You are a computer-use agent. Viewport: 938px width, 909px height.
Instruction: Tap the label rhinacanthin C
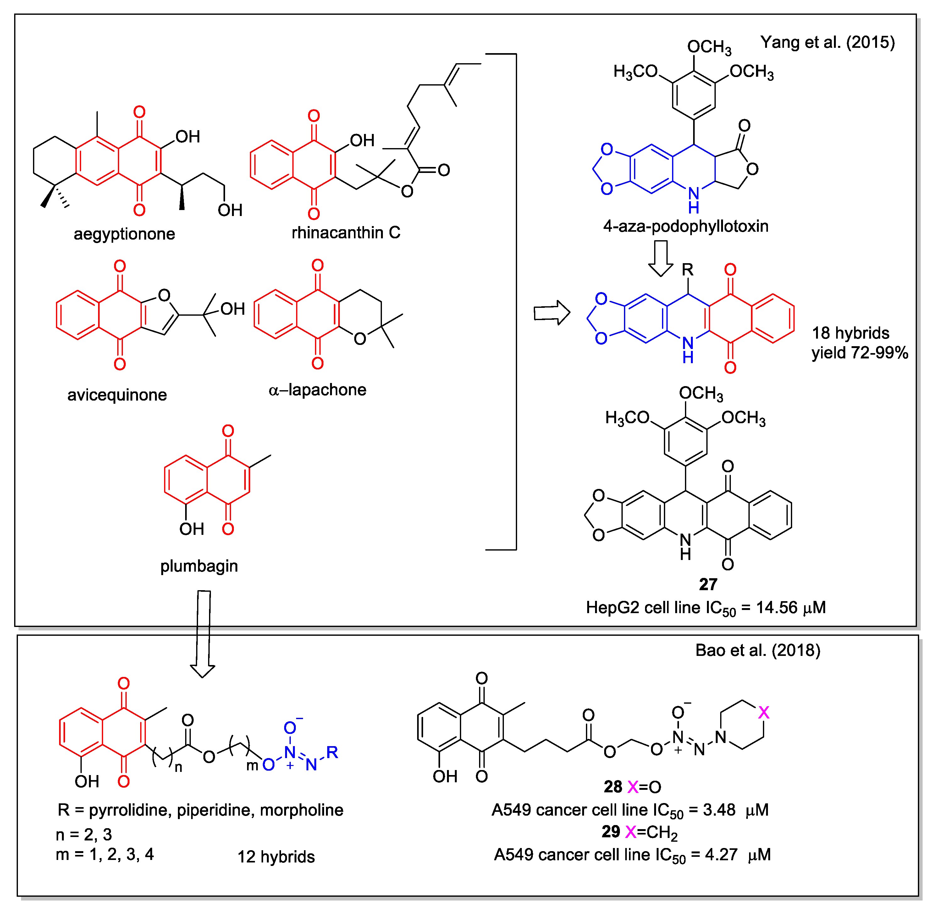point(345,233)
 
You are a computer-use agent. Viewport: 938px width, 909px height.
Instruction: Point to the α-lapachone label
point(317,390)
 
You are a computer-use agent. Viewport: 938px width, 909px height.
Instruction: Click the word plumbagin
point(199,566)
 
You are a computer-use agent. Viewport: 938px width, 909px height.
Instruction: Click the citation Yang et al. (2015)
point(827,42)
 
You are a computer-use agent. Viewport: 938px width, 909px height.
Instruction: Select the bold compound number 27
point(708,585)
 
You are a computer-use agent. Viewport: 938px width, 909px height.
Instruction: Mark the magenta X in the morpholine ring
point(764,713)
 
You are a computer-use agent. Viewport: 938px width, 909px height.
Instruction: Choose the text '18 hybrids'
point(850,333)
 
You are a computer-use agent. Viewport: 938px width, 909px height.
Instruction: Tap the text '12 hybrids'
point(276,857)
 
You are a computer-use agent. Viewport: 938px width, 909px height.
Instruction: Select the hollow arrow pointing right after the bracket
point(552,313)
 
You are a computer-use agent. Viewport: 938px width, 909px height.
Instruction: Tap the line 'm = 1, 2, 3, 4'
point(105,854)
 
